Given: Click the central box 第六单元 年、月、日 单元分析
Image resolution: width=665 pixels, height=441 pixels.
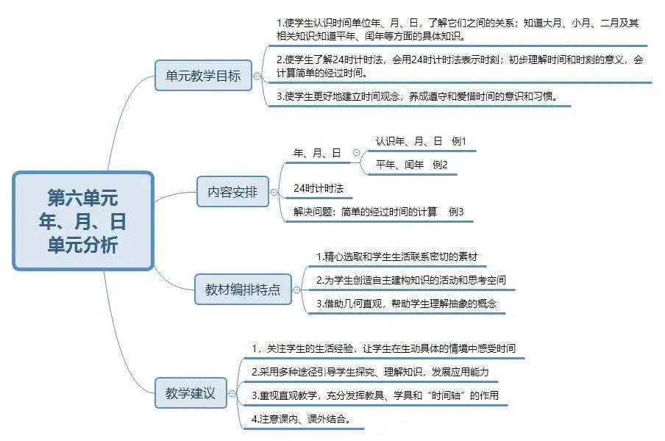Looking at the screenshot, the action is tap(83, 220).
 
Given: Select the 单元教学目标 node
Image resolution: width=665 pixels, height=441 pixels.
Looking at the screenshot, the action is tap(203, 76).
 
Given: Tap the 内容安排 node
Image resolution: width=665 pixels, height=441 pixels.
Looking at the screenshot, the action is tap(232, 192).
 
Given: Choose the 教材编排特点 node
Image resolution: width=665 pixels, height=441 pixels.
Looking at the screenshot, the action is tap(243, 290).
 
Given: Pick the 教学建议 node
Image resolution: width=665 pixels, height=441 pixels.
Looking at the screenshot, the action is tap(191, 393).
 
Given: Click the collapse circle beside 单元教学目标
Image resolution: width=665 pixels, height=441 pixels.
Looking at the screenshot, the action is tap(257, 76).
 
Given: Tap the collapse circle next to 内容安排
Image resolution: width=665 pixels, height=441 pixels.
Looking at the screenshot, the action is tap(274, 193).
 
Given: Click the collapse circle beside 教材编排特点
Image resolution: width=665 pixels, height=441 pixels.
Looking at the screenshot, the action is tap(297, 290).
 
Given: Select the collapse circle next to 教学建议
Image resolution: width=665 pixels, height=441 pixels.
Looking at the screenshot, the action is tap(232, 393).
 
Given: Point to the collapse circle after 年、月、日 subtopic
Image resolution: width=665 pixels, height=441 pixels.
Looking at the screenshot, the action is tap(356, 153).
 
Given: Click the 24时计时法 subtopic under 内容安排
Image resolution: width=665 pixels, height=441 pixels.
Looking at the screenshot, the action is tap(319, 188).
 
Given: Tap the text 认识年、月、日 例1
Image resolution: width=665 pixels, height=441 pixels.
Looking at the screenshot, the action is tap(421, 141).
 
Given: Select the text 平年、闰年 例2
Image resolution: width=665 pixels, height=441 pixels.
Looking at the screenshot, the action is tap(411, 165).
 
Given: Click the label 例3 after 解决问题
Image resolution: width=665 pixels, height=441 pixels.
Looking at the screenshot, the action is tap(456, 212).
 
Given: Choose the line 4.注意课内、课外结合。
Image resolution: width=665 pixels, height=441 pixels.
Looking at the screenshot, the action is tap(302, 419).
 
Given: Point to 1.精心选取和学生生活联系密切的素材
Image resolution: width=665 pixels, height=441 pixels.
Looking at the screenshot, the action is tap(397, 257).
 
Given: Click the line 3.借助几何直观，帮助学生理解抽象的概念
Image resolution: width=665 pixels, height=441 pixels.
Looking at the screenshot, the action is tap(406, 304).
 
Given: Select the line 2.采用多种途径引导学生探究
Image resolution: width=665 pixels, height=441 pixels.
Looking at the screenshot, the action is tap(370, 372).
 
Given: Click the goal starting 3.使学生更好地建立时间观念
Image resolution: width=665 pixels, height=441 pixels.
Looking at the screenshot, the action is tap(418, 96).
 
